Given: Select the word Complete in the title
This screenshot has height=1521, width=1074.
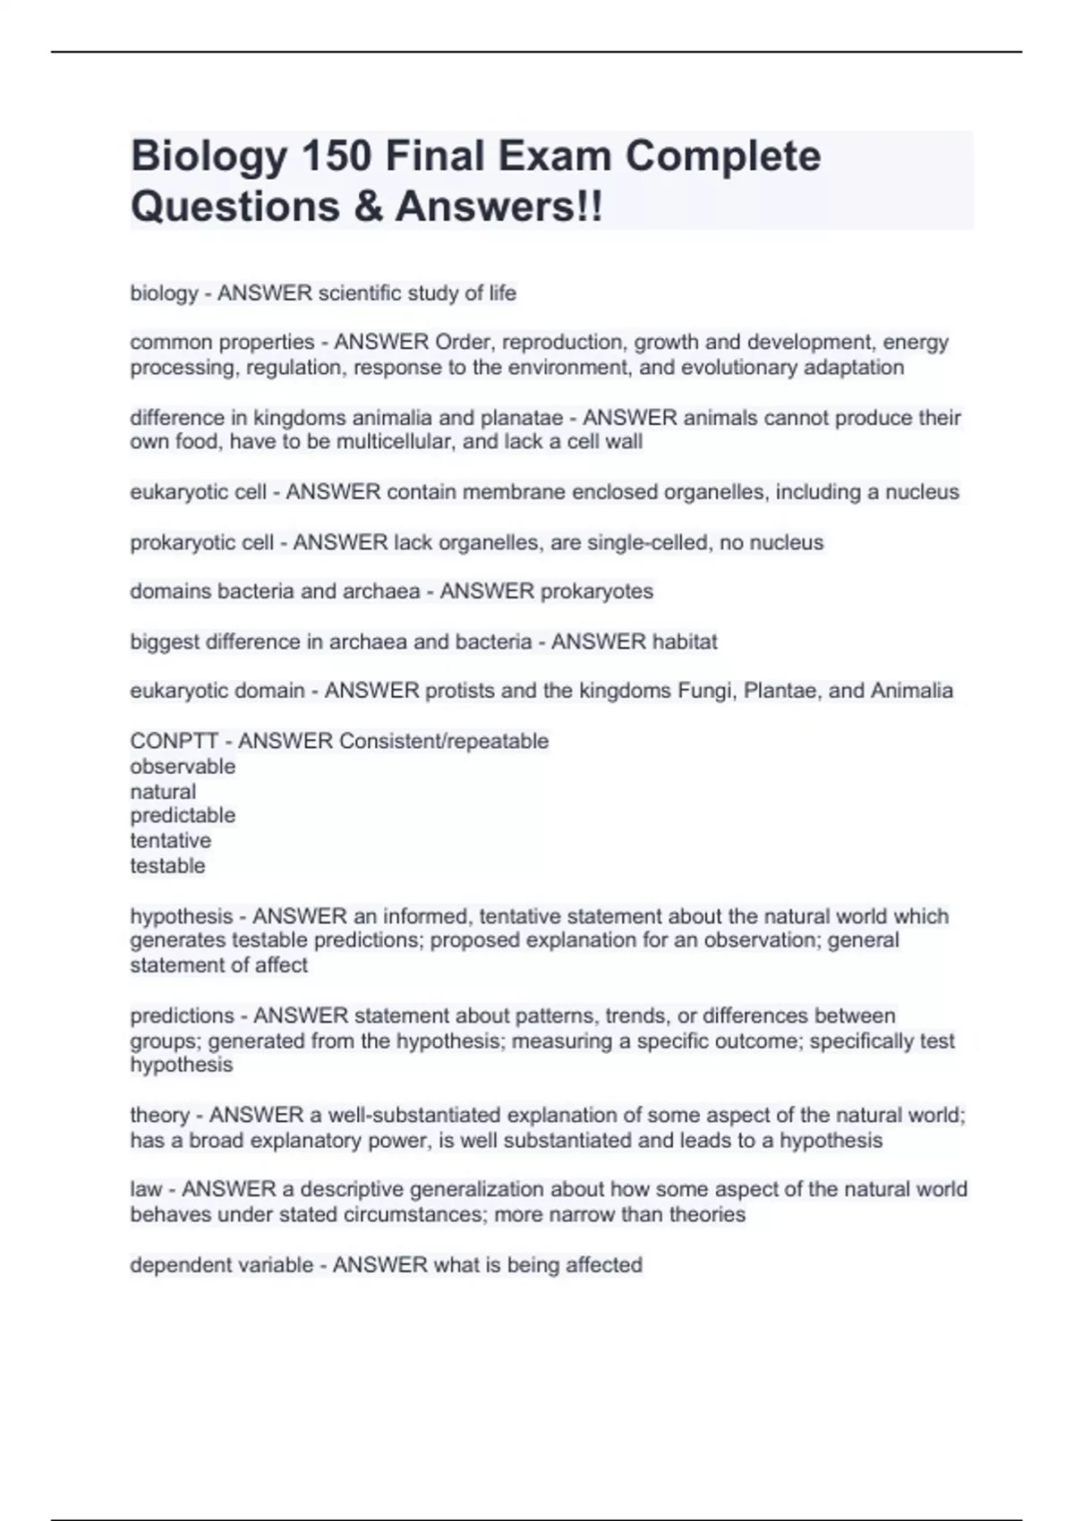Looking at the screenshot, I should tap(722, 157).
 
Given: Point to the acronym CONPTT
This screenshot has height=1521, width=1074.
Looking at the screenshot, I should tap(175, 741).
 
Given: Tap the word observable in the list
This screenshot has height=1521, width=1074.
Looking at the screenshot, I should tap(183, 766).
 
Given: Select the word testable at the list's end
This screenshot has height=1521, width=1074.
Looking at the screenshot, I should tap(167, 865).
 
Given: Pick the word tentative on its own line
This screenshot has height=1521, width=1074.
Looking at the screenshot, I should tap(170, 840).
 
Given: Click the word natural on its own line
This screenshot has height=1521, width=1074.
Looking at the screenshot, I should tap(163, 791).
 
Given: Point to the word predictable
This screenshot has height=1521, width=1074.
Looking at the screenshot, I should tap(183, 815).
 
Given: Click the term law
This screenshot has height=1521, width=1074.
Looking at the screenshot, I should tap(146, 1189).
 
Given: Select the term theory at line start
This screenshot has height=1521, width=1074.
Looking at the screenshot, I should tap(159, 1115).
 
